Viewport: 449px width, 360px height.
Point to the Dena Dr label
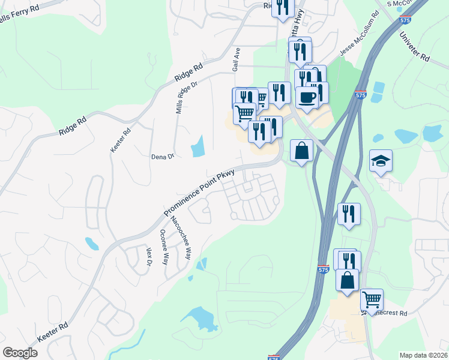coord(162,156)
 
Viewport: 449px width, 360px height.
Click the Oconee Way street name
coord(164,244)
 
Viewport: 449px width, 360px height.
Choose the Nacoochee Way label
coord(181,237)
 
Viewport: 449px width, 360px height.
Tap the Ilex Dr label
coord(149,257)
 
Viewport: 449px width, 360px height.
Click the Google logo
coord(20,353)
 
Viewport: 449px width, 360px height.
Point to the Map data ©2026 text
coord(423,355)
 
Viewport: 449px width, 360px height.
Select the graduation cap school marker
coord(381,161)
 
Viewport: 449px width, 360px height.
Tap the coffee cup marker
coord(307,97)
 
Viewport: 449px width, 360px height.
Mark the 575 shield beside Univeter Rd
coord(405,20)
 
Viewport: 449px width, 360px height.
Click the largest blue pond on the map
coord(200,318)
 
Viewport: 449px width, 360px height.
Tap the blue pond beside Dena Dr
coord(197,146)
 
